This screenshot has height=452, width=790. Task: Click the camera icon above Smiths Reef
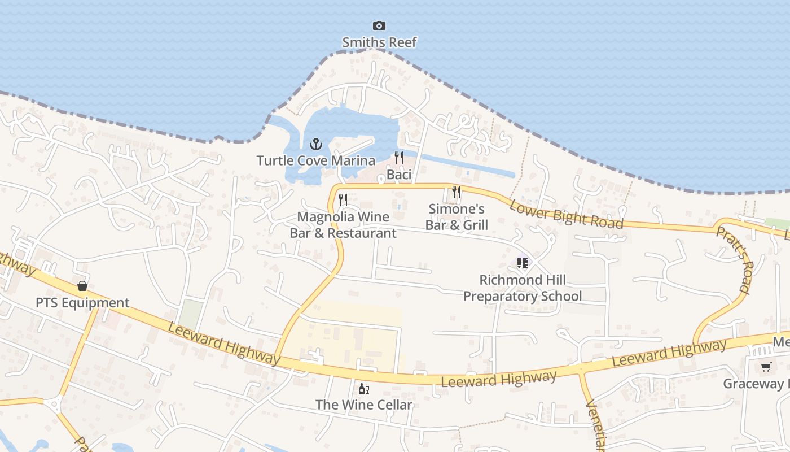point(379,25)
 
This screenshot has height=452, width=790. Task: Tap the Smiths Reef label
point(379,42)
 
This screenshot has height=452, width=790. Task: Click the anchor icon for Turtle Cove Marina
point(315,144)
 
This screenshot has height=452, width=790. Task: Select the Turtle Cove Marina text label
point(315,160)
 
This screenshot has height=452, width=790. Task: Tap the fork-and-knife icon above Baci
point(399,158)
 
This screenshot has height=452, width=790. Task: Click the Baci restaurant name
point(399,175)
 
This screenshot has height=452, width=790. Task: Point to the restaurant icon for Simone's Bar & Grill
point(457,192)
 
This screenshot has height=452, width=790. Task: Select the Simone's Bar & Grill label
point(457,217)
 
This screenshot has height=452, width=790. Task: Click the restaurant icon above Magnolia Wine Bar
point(343,199)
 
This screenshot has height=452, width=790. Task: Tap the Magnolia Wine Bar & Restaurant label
point(343,225)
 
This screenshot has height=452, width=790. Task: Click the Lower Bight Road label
point(566,214)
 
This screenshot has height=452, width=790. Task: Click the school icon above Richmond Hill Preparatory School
point(522,263)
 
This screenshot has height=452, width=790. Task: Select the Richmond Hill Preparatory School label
point(523,288)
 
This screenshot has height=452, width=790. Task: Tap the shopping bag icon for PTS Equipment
point(82,286)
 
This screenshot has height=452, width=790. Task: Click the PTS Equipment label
point(82,303)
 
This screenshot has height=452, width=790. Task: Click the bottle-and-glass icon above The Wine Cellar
point(364,389)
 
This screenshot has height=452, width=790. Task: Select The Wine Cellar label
point(364,405)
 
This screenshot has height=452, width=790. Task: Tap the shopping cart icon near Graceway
point(766,367)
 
